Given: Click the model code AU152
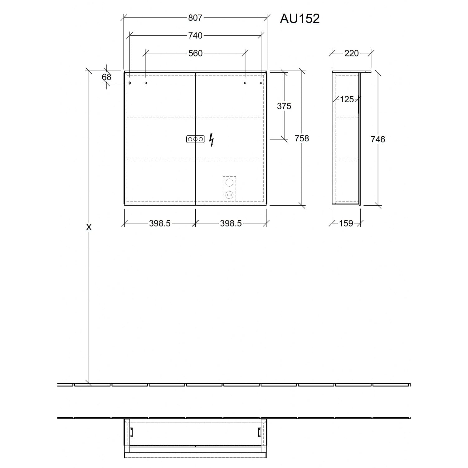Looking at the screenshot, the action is (x=300, y=19).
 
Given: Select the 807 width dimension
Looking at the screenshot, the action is (x=195, y=18).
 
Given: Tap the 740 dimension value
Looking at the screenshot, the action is (x=195, y=36).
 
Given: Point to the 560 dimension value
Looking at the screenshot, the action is (x=195, y=53).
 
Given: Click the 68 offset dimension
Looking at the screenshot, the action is (x=106, y=77).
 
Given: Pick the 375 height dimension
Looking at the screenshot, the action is (x=284, y=106).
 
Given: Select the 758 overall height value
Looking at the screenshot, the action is (x=302, y=138).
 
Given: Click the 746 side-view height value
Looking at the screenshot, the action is (x=378, y=139).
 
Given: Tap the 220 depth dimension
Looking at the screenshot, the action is (x=351, y=53).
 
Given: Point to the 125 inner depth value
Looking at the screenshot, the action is (x=347, y=99).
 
